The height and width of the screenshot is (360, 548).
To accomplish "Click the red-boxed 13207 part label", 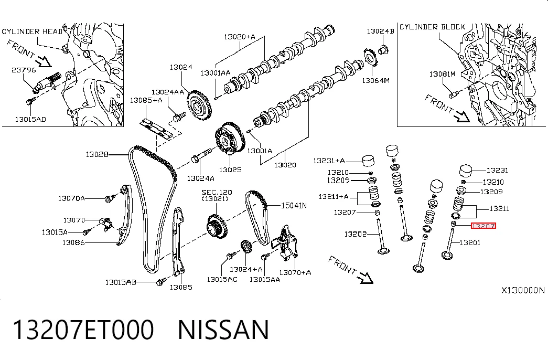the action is point(483,226).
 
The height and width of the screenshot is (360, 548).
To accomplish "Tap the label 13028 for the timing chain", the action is point(97,154).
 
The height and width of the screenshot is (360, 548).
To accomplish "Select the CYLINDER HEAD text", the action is point(32,31).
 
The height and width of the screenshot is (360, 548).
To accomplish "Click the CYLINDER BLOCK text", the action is point(432,27).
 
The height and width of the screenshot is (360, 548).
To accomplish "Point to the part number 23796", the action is point(24,70).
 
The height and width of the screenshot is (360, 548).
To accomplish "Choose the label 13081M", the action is point(442,74).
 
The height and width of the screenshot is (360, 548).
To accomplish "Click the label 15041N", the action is point(294,206).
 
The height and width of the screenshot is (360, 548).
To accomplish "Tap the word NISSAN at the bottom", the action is point(223,330).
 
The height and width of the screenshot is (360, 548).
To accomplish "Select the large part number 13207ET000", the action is point(83,330).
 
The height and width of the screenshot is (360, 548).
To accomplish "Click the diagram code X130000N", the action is point(523,290).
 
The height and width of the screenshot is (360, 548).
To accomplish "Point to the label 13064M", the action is point(375,80).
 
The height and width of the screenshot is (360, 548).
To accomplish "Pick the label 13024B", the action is point(380,31).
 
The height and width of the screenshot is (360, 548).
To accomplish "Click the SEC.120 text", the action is point(217,193).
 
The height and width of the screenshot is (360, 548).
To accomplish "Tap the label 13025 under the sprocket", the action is point(230,170).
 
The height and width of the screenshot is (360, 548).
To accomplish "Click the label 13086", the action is point(73,242).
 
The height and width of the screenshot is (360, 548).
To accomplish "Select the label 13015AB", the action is point(121,282).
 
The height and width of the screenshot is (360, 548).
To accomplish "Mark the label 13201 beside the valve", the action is point(470,242).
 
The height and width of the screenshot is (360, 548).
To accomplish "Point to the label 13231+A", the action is point(329,161).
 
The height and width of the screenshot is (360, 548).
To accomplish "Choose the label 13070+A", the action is point(295,272).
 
